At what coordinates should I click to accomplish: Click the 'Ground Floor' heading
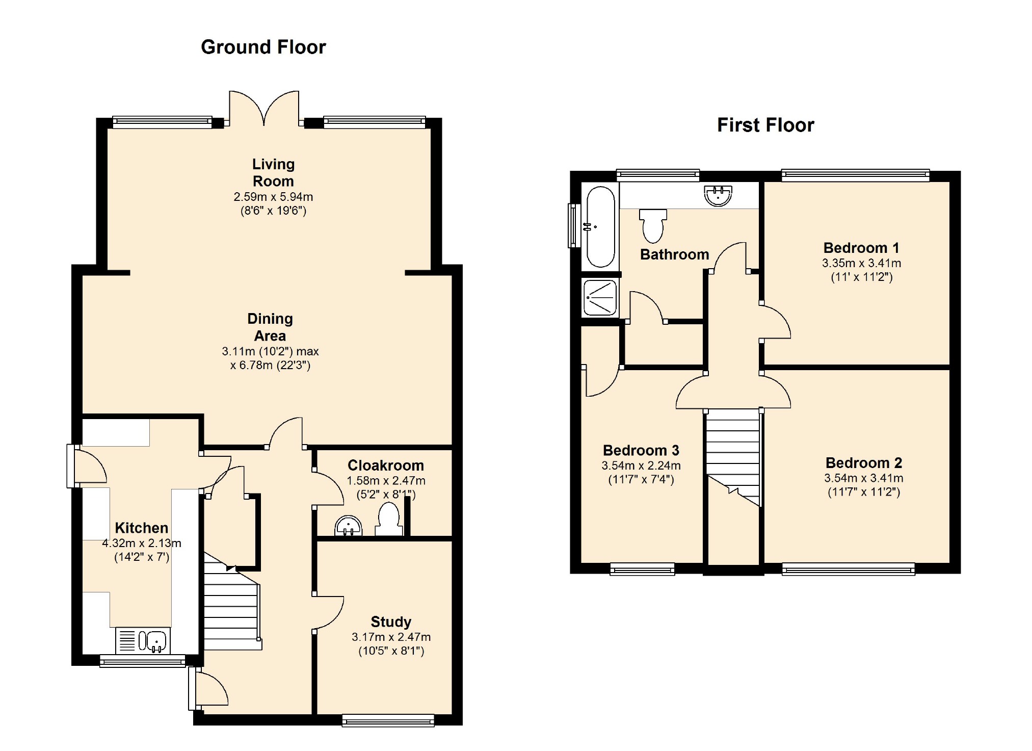263,47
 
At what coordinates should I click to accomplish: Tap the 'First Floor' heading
765,125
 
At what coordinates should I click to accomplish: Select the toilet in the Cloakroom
389,519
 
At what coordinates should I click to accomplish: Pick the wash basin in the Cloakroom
349,526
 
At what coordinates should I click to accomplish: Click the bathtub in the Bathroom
600,227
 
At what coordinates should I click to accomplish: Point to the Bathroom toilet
653,225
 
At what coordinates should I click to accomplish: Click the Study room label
391,621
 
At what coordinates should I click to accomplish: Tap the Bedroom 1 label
861,248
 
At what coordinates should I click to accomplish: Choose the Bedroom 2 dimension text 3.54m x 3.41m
864,478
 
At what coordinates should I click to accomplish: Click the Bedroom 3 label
641,450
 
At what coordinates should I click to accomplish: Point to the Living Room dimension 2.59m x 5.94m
273,197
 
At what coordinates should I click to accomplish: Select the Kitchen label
141,528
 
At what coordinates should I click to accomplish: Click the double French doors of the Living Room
264,108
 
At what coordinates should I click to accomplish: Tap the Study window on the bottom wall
388,720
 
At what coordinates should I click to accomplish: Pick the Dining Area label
270,327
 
